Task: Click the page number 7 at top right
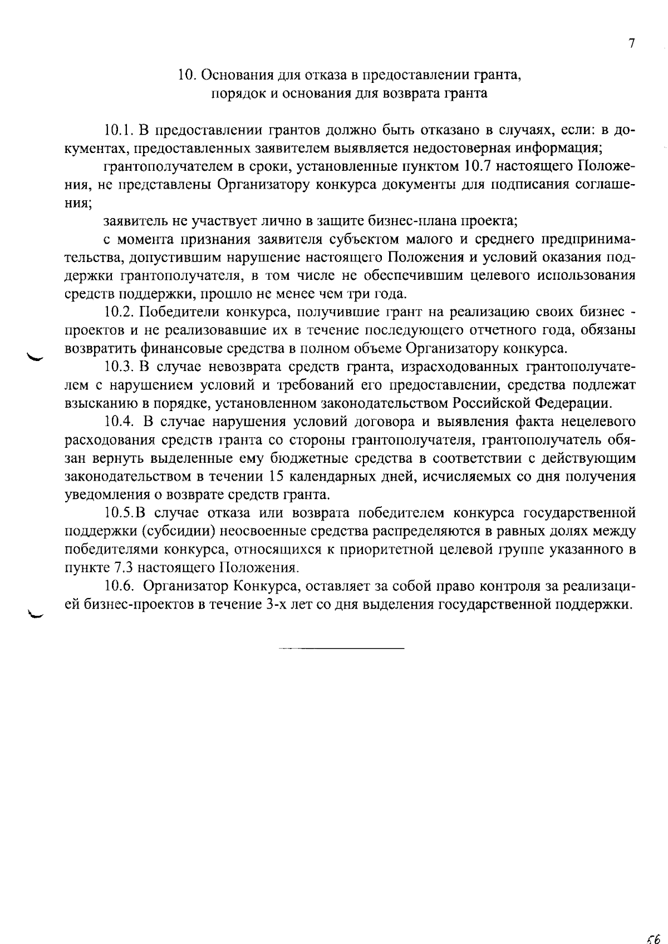(631, 44)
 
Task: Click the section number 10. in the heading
(185, 75)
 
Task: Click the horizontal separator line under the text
(341, 649)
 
